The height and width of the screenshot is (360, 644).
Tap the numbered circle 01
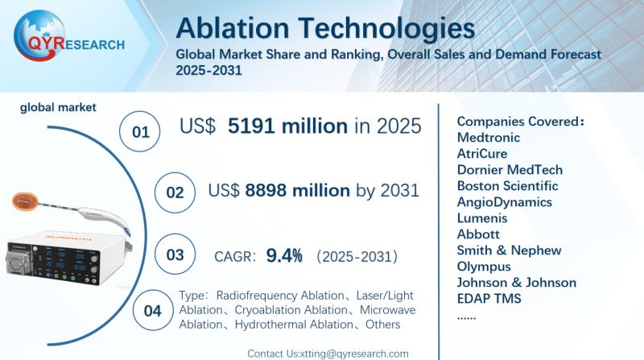point(141,131)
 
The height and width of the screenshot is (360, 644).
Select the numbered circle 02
point(174,192)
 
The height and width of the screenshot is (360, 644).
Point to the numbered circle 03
point(174,255)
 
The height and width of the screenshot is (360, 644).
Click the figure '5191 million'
point(287,126)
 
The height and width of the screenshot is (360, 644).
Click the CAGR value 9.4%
point(285,256)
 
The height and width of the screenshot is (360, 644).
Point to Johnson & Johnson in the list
point(516,282)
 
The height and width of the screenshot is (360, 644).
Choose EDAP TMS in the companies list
point(489,298)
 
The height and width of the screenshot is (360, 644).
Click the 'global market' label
point(59,106)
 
